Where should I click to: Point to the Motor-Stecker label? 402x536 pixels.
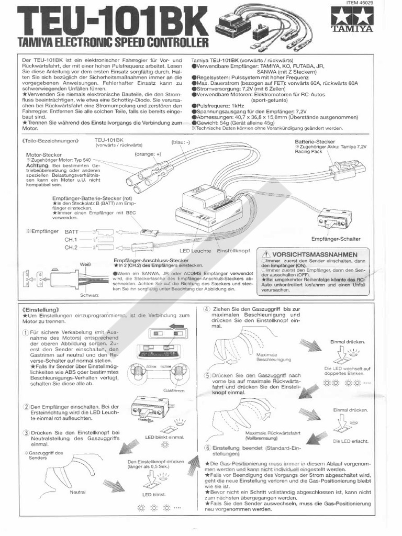coord(44,155)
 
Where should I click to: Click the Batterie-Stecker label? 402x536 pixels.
coord(315,141)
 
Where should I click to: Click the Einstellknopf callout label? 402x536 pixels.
coord(233,251)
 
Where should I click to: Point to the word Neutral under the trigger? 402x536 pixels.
coord(77,492)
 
